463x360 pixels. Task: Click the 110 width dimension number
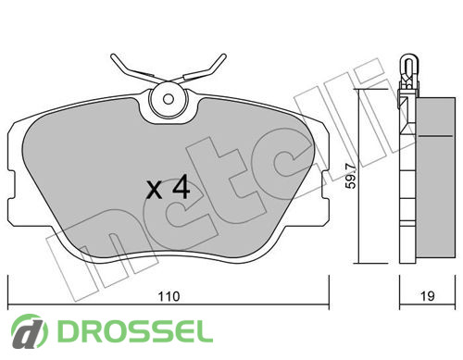coord(169,296)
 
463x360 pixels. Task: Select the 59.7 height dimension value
coord(351,176)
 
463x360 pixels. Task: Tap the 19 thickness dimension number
coord(428,296)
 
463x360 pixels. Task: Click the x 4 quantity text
coord(169,187)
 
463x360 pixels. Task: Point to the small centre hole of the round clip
coord(169,99)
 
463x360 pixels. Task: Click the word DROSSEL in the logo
coord(135,331)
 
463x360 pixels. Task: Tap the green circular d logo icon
coord(30,331)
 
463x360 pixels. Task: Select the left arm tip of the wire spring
coord(113,56)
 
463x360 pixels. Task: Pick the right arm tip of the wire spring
coord(223,56)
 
